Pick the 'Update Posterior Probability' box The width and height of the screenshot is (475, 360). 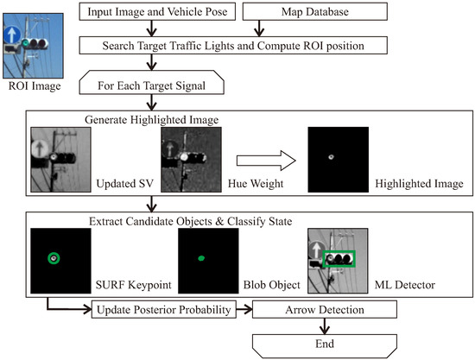170,308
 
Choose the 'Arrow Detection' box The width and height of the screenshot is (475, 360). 324,308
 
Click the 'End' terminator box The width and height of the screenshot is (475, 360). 324,343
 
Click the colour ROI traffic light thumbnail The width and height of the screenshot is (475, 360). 30,41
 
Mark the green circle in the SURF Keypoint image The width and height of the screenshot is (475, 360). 54,258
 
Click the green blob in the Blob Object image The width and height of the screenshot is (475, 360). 201,258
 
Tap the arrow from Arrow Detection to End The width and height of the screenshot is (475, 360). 324,325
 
